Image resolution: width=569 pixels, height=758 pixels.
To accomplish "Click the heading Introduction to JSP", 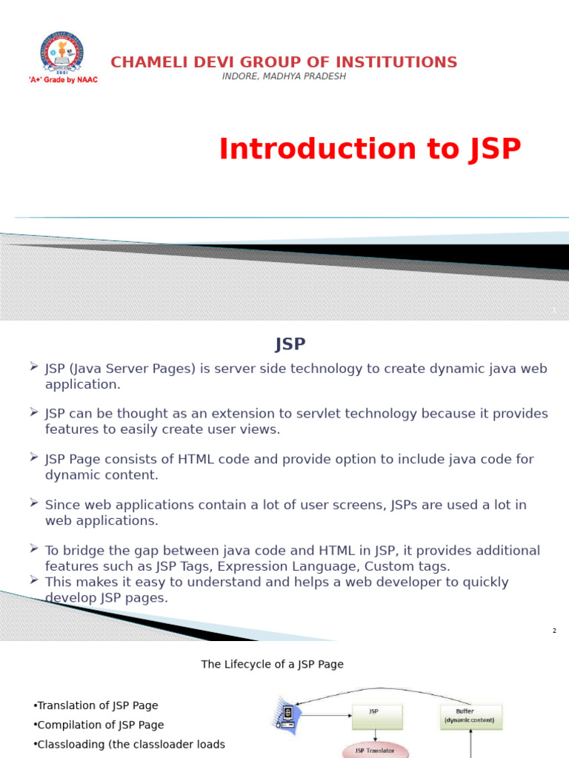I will [x=370, y=149].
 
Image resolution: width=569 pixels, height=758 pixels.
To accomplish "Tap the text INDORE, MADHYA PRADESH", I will [x=284, y=76].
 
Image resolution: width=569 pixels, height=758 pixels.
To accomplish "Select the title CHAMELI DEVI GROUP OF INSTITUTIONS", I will [x=284, y=62].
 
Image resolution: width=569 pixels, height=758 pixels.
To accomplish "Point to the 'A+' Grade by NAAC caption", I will [x=63, y=79].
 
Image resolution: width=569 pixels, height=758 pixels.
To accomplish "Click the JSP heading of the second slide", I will [x=290, y=344].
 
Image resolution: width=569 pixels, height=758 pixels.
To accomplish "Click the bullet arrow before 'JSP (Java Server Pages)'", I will [x=34, y=366].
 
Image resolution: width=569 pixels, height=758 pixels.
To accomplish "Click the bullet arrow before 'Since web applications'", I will [x=34, y=503].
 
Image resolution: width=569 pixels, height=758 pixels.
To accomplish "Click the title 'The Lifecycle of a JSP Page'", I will [x=273, y=664].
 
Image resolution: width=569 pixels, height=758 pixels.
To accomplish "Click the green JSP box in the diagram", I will [x=377, y=716].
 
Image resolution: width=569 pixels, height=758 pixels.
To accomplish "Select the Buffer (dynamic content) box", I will [x=470, y=716].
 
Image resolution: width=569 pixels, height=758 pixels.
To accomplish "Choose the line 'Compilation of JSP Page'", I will [x=100, y=725].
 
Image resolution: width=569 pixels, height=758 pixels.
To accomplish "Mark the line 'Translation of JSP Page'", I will [x=97, y=705].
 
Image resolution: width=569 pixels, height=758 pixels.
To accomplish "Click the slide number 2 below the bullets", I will [x=554, y=631].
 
